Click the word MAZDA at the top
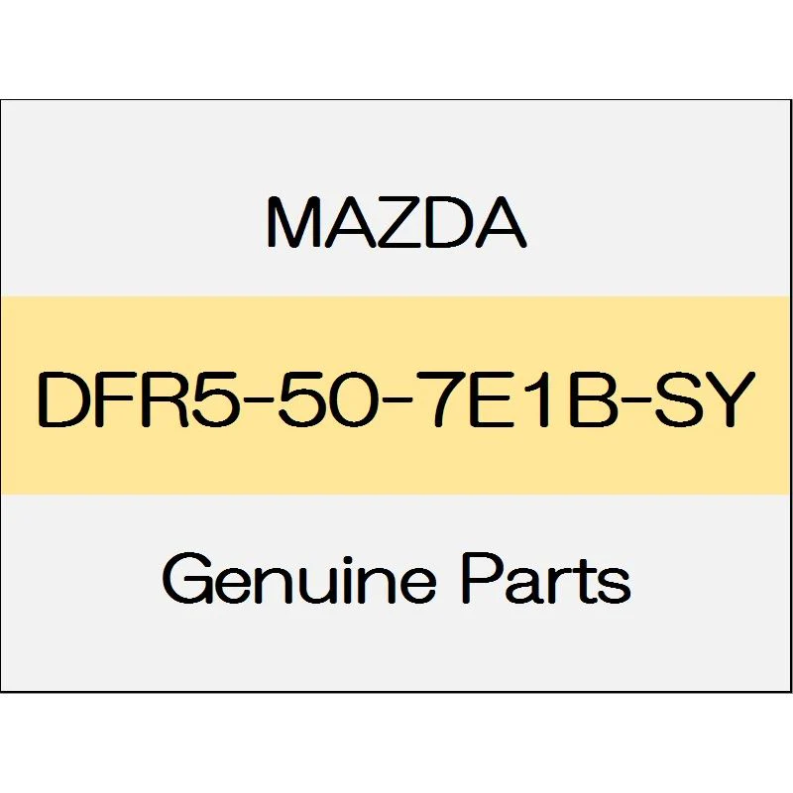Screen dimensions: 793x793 click(396, 222)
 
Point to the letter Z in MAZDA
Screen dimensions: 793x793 click(399, 222)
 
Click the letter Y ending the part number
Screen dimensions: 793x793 click(728, 398)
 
